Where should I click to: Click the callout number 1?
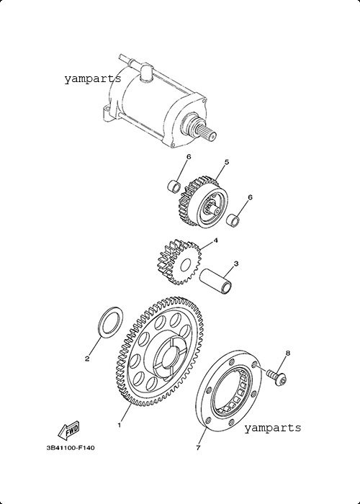pyautogui.click(x=120, y=425)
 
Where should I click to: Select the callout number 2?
pyautogui.click(x=87, y=359)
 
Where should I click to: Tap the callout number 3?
pyautogui.click(x=236, y=264)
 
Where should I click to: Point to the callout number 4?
pyautogui.click(x=216, y=240)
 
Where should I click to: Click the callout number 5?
pyautogui.click(x=227, y=162)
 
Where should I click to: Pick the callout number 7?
pyautogui.click(x=198, y=447)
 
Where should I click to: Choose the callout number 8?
pyautogui.click(x=288, y=353)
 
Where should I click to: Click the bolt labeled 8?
pyautogui.click(x=276, y=378)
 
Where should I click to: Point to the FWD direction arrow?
pyautogui.click(x=68, y=430)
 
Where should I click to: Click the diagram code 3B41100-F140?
pyautogui.click(x=71, y=447)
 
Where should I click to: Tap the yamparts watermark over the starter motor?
pyautogui.click(x=93, y=78)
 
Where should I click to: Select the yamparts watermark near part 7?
pyautogui.click(x=273, y=428)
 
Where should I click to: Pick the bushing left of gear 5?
pyautogui.click(x=174, y=186)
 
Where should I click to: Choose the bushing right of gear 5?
pyautogui.click(x=233, y=220)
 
